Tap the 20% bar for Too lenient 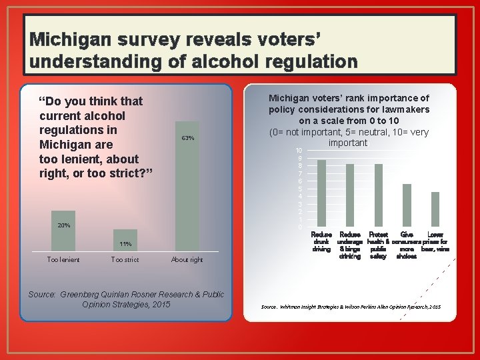coord(63,231)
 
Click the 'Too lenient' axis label coord(63,259)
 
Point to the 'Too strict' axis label coord(125,259)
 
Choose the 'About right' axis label coord(187,259)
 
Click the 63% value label coord(187,138)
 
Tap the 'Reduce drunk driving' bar coord(321,193)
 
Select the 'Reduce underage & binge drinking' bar coord(350,195)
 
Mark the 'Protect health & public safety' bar coord(379,195)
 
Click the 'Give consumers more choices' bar coord(407,205)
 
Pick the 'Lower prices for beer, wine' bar coord(435,209)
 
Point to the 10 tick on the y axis coord(299,151)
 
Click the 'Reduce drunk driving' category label coord(321,242)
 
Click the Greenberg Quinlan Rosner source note coord(126,299)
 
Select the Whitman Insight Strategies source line coord(351,307)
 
